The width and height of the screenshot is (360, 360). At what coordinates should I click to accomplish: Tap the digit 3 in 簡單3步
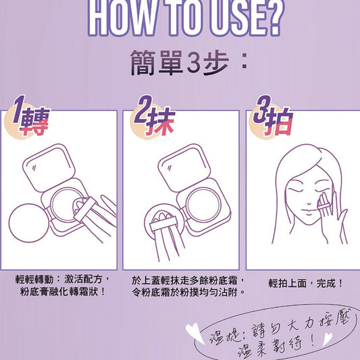point(194,62)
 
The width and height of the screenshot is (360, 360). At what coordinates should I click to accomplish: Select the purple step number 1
point(19,109)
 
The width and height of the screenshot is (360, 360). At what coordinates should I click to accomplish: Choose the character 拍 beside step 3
point(279,122)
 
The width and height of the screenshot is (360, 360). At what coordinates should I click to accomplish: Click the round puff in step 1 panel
point(28,223)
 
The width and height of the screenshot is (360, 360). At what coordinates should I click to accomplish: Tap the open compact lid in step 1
point(49,168)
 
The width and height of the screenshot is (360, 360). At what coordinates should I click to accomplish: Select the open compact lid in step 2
point(184,168)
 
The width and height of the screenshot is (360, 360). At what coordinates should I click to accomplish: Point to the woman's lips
point(309,212)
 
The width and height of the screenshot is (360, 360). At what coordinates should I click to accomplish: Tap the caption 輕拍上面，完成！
point(305,283)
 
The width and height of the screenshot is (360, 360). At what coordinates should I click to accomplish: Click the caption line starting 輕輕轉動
point(62,279)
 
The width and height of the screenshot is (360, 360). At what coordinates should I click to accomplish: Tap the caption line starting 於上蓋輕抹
point(188,280)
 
